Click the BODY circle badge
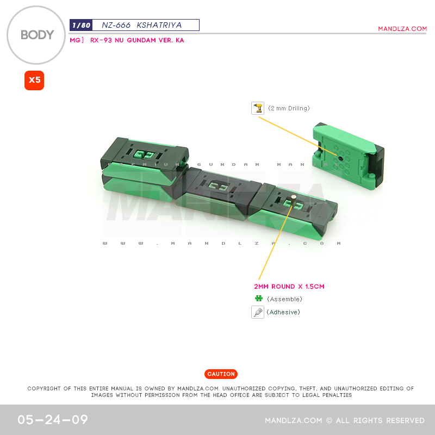37,35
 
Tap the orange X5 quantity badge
34,80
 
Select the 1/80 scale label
80,25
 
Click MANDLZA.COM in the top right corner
402,29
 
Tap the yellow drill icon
258,108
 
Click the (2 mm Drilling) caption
289,108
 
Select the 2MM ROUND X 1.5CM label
289,287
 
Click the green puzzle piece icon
258,299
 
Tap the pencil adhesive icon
258,312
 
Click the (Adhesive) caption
283,312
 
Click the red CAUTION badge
221,374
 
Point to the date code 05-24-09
53,420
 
